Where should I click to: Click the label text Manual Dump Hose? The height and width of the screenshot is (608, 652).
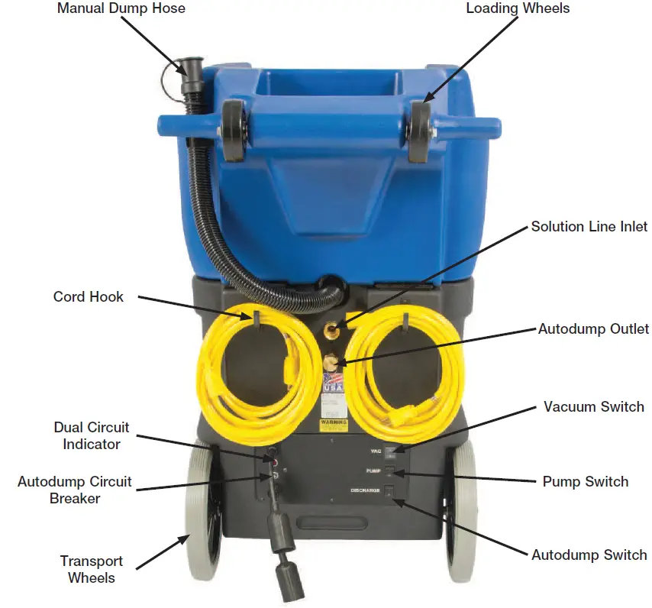121,9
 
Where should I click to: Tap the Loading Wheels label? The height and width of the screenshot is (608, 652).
518,9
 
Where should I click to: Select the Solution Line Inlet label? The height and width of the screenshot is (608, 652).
589,227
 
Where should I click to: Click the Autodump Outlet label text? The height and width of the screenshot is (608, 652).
593,329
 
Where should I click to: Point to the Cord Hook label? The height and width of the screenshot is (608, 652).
88,296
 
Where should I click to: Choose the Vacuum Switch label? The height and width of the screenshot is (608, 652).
593,406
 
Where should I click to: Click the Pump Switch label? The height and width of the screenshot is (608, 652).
585,481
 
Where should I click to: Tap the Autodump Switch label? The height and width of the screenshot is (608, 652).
589,555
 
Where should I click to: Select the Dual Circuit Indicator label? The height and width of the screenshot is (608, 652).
92,435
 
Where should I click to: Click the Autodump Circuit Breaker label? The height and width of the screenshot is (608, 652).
75,490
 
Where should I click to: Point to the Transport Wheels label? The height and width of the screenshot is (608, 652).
92,570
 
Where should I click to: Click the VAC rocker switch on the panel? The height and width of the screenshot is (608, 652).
389,451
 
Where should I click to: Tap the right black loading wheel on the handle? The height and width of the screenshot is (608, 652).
419,131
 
